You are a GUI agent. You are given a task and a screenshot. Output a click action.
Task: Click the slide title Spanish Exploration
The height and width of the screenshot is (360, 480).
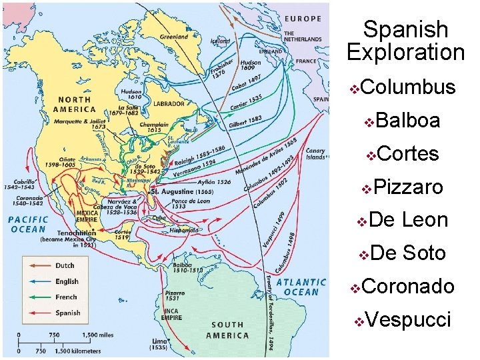pos(405,41)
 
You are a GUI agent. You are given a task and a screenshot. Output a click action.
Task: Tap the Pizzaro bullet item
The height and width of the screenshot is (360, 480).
pos(409,187)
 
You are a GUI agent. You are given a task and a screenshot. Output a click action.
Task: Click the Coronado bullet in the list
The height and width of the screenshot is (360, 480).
pos(409,287)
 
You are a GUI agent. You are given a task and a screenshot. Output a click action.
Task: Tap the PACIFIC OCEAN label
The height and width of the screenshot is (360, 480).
pos(29,223)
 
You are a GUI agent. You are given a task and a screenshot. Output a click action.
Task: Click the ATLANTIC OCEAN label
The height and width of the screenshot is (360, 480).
pos(301,287)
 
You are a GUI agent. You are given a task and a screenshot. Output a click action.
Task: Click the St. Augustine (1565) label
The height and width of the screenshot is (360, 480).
pos(182,191)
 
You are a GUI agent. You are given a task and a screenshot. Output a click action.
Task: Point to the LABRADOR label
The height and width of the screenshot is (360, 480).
pos(169,104)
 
